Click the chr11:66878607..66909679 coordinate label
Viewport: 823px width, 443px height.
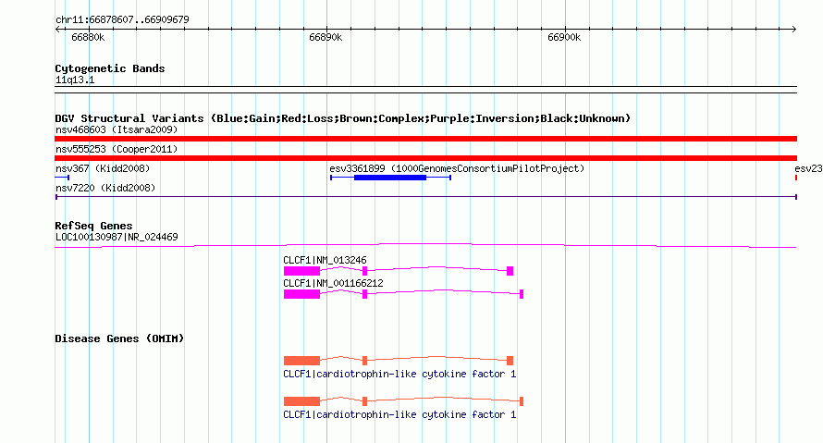pyautogui.click(x=122, y=20)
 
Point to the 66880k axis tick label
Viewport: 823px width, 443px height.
pyautogui.click(x=88, y=37)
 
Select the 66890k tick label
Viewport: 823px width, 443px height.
pyautogui.click(x=326, y=37)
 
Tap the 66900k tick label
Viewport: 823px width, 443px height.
pyautogui.click(x=564, y=37)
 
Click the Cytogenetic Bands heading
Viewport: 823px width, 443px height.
pyautogui.click(x=110, y=68)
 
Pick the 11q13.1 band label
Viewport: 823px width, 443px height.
pyautogui.click(x=75, y=80)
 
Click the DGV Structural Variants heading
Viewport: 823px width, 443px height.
pyautogui.click(x=342, y=118)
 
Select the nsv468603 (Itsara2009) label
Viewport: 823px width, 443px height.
pyautogui.click(x=117, y=129)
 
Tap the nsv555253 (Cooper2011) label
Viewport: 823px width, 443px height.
pyautogui.click(x=117, y=149)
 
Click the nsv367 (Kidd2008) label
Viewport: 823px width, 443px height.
pyautogui.click(x=103, y=168)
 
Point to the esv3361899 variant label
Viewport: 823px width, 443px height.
pyautogui.click(x=457, y=168)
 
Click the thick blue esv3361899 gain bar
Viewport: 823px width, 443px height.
pyautogui.click(x=390, y=178)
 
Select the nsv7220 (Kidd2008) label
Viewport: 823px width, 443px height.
pyautogui.click(x=105, y=188)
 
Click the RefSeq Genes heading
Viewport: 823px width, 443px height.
pyautogui.click(x=93, y=226)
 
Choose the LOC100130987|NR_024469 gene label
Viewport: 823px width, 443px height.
pyautogui.click(x=117, y=238)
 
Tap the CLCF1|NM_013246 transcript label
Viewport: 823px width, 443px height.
pyautogui.click(x=325, y=260)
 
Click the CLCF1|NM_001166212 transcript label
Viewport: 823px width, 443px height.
pyautogui.click(x=333, y=283)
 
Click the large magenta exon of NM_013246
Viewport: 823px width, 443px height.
pyautogui.click(x=301, y=271)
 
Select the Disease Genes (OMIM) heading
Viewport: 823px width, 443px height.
pyautogui.click(x=119, y=338)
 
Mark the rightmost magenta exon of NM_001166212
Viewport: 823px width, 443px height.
pyautogui.click(x=522, y=294)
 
